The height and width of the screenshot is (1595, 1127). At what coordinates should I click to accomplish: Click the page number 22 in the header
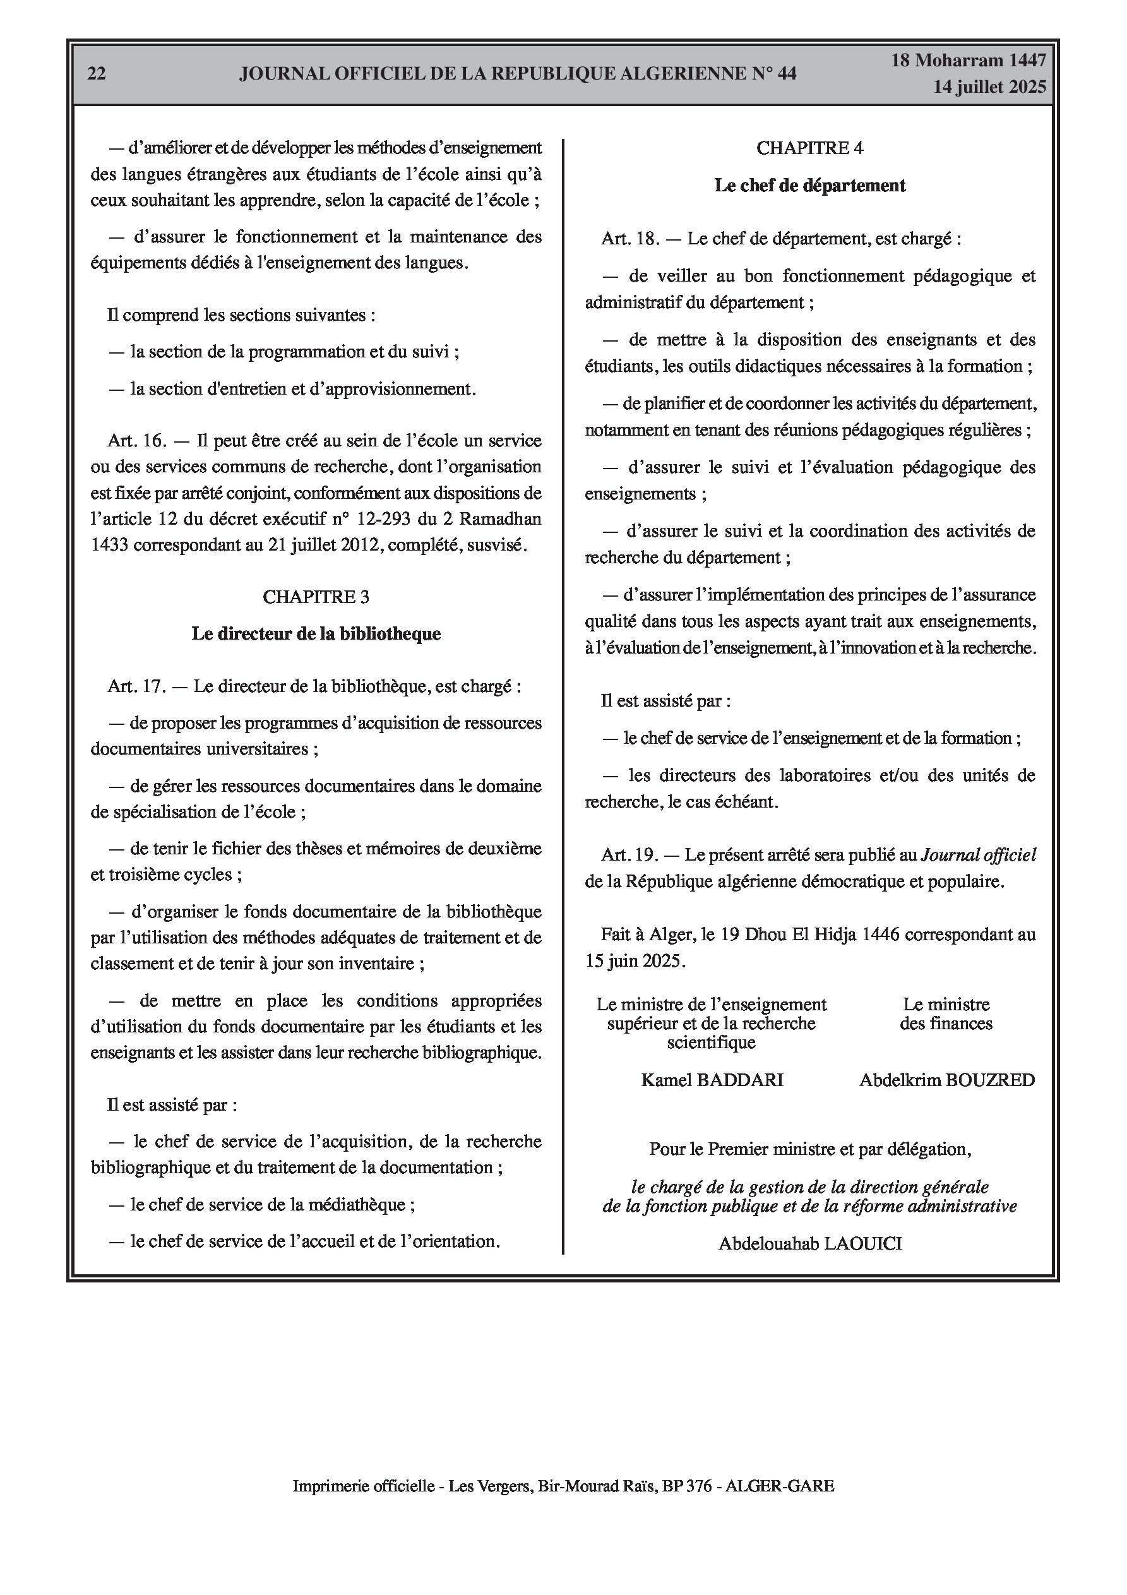click(x=97, y=74)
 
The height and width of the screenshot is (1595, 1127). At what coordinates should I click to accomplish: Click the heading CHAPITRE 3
click(x=316, y=597)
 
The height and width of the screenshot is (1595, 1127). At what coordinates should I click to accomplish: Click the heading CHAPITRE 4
click(x=809, y=148)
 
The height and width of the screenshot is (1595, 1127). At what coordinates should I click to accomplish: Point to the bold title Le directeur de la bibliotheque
click(x=316, y=633)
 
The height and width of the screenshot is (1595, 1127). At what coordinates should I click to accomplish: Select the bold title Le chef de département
click(x=809, y=186)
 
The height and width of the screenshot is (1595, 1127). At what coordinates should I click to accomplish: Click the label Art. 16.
click(x=137, y=441)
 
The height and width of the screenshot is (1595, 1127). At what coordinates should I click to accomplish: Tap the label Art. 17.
click(x=137, y=686)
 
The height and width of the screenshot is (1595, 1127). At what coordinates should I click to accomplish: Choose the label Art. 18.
click(x=630, y=239)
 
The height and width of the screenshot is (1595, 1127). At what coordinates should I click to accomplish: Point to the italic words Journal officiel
click(x=978, y=855)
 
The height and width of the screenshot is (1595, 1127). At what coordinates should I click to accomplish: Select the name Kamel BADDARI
click(x=712, y=1080)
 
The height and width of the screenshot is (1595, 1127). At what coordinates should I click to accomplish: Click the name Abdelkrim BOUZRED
click(x=947, y=1080)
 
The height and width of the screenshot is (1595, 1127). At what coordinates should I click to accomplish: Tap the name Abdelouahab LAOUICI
click(x=810, y=1243)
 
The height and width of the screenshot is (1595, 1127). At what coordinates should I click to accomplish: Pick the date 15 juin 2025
click(x=635, y=961)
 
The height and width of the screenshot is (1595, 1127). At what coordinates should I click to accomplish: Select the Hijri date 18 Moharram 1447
click(x=969, y=61)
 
